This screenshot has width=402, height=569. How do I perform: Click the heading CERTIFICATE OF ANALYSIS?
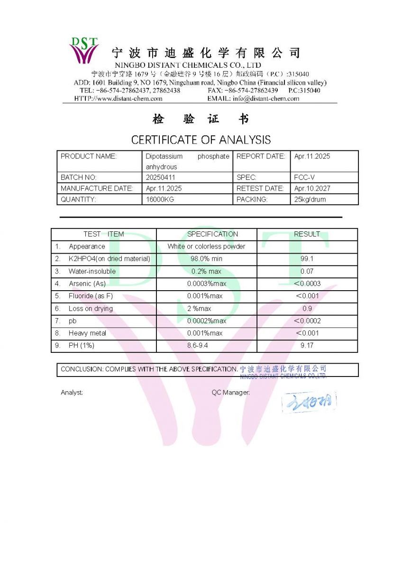coord(201,140)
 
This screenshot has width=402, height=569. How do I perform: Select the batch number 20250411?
coord(161,177)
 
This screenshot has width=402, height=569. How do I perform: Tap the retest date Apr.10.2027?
coord(312,188)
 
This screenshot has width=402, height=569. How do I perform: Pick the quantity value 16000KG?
coord(160,200)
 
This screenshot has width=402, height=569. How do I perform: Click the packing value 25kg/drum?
coord(310,200)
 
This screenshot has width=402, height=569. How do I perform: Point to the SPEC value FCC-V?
coord(304,177)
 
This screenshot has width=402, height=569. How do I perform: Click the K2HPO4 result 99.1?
coord(307,259)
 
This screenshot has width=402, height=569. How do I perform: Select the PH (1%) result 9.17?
coord(307,346)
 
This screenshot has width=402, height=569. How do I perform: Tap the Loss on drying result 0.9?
coord(307,309)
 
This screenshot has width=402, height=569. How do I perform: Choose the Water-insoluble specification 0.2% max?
coord(207,271)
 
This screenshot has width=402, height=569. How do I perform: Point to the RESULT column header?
coord(307,234)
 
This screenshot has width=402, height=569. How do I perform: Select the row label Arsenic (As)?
coord(87,284)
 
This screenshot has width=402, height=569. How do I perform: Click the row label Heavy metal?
coord(87,333)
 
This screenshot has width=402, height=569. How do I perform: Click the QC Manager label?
coord(231,393)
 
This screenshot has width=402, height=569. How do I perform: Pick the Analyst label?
coord(72,393)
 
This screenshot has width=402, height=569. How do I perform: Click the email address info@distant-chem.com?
coord(265,99)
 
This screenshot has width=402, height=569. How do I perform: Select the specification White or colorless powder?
coord(207,247)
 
